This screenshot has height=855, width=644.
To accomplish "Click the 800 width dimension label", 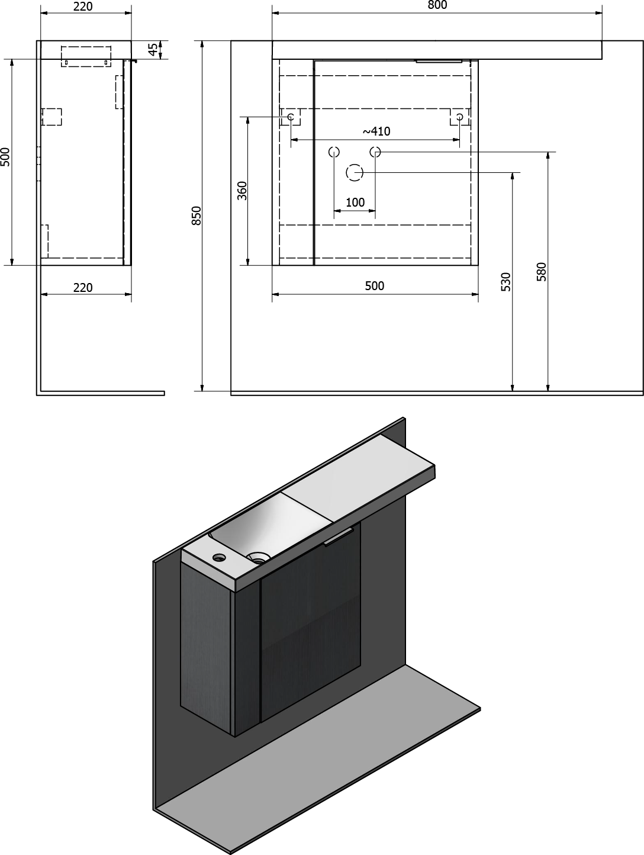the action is [437, 5].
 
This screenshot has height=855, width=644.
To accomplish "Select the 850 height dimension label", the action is [197, 216].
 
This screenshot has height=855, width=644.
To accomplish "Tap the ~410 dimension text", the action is [376, 131].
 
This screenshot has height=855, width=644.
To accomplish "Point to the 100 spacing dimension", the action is [355, 202].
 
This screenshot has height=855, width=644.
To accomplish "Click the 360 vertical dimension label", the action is [242, 191].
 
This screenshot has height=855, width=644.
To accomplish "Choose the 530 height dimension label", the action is [505, 282].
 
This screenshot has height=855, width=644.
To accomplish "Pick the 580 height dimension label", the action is [541, 272].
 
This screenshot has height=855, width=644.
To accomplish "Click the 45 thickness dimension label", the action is [154, 50].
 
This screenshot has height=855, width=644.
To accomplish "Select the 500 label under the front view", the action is [375, 285].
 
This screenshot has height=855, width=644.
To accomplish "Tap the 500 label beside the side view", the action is [5, 156].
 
